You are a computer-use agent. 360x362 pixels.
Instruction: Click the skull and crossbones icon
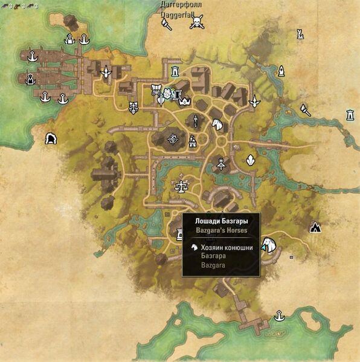click(196, 24)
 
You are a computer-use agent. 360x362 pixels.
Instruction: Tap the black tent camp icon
click(315, 227)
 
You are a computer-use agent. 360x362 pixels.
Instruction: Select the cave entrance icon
click(51, 138)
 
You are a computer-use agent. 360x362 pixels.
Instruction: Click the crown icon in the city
click(185, 101)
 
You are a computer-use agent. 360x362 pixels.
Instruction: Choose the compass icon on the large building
click(173, 139)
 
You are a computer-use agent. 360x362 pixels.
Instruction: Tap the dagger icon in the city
click(196, 121)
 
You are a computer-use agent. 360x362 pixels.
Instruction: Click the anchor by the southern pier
click(279, 316)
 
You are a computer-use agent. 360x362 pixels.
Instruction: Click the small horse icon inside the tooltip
click(194, 247)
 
